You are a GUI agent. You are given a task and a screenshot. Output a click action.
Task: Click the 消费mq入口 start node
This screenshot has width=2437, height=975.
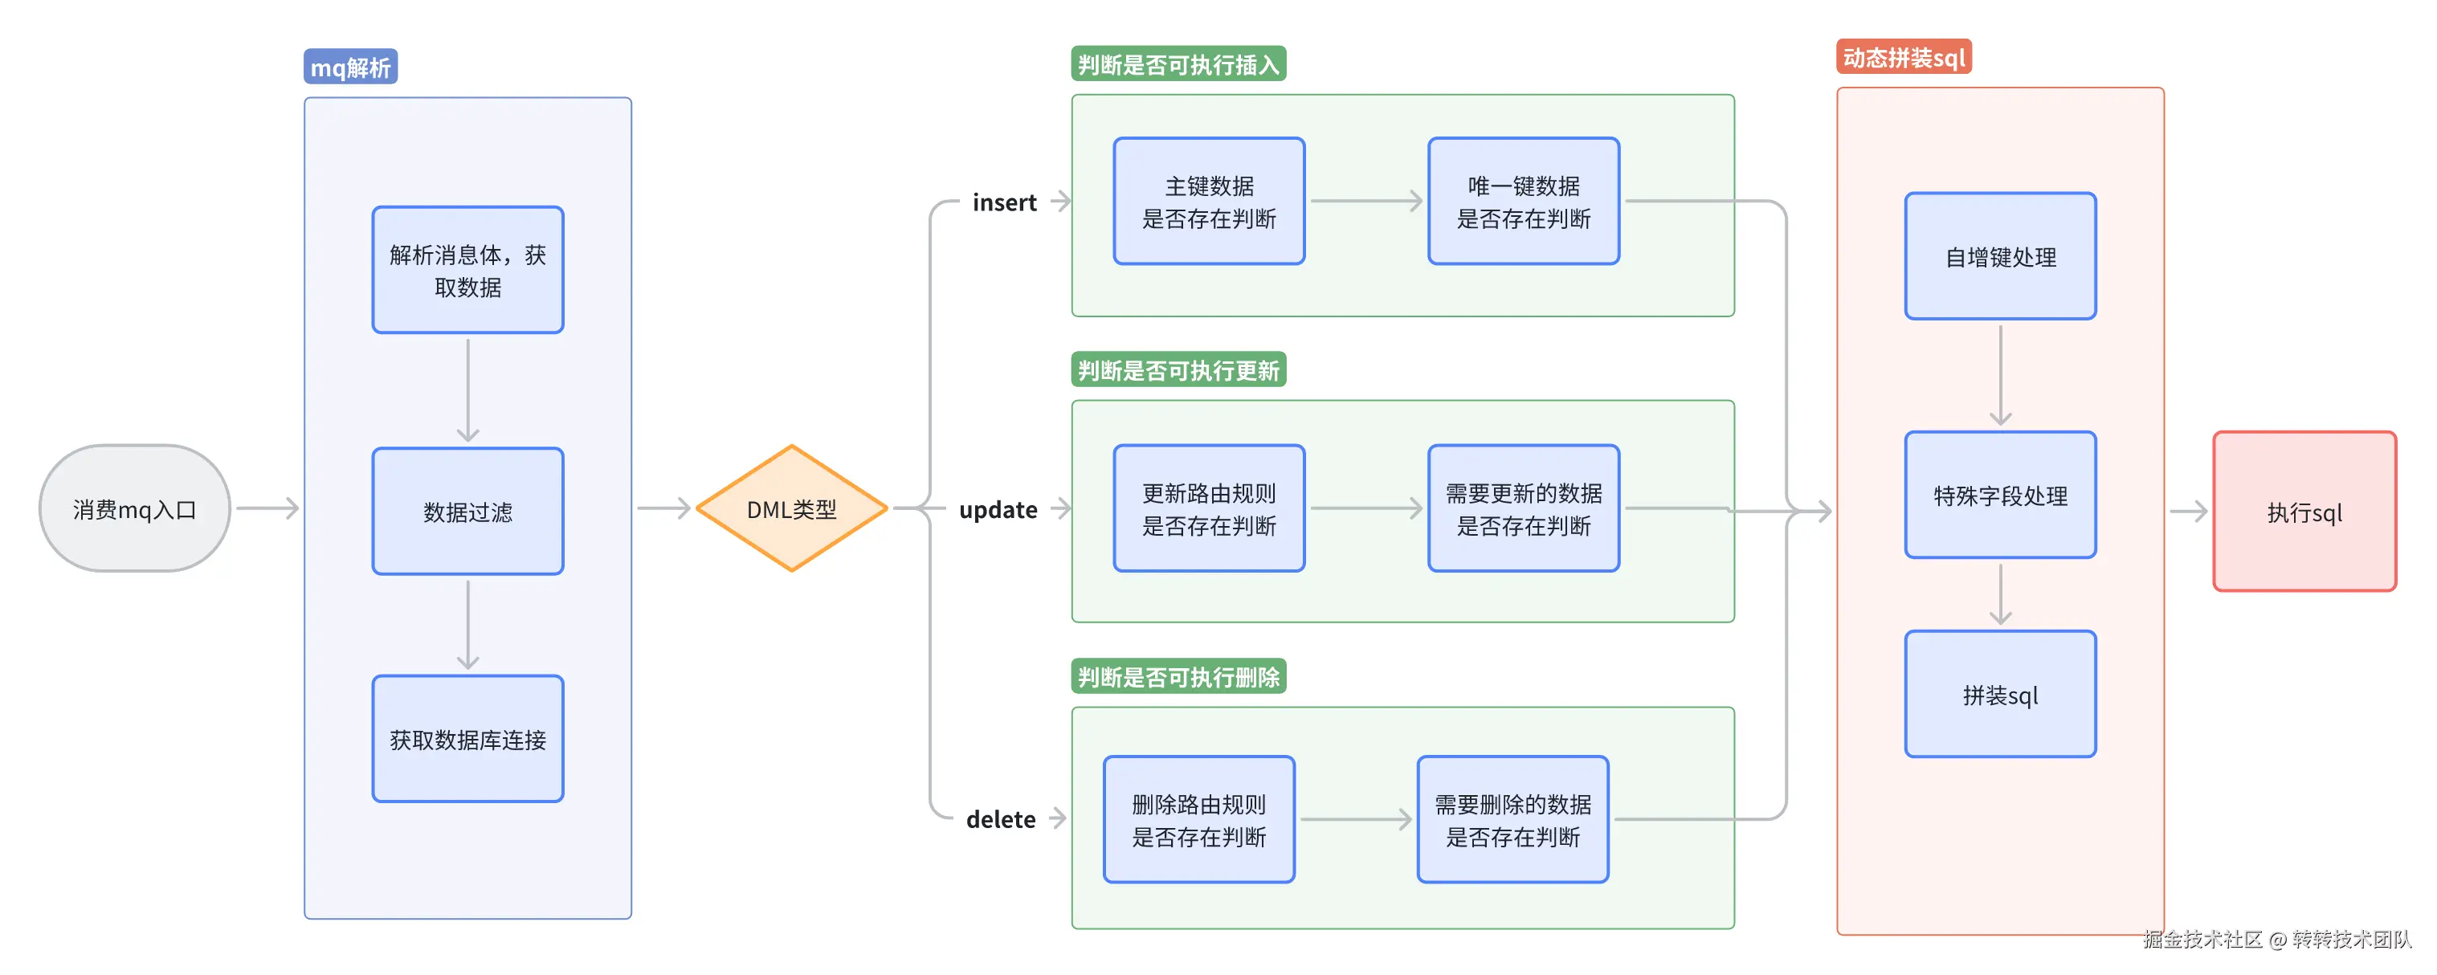tap(134, 508)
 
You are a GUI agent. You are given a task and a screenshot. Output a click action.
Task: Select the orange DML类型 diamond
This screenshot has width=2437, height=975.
tap(791, 508)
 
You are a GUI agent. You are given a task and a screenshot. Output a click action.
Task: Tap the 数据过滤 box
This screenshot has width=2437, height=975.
tap(467, 512)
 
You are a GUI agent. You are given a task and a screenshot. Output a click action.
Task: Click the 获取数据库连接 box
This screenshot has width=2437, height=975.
tap(467, 739)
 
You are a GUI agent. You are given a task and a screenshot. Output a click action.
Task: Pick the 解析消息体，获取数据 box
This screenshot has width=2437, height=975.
tap(467, 270)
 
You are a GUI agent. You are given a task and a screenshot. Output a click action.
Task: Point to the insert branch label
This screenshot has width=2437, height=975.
tap(1004, 202)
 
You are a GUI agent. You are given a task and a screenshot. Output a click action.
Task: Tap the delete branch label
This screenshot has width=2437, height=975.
tap(1000, 819)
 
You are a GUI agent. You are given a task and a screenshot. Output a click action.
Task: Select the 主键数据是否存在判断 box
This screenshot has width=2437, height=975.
tap(1208, 202)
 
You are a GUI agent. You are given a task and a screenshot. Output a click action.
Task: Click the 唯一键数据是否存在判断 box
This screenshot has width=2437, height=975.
tap(1523, 202)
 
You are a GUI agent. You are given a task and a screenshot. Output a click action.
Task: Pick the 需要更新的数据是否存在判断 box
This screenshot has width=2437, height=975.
tap(1523, 508)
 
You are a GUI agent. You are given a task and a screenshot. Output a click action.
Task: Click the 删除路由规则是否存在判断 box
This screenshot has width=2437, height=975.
tap(1198, 819)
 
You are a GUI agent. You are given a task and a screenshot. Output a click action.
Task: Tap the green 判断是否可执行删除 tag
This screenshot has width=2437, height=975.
tap(1178, 676)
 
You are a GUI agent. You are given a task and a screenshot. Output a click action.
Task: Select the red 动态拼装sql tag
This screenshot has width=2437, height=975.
tap(1903, 58)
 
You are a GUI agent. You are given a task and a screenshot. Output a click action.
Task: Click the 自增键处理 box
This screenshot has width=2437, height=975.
tap(2000, 256)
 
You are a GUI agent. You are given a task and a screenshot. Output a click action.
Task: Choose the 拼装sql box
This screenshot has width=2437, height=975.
tap(2000, 694)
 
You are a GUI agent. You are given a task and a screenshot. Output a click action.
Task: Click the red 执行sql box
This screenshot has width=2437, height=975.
tap(2304, 512)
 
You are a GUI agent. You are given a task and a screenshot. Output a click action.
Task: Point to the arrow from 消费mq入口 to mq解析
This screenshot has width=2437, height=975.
tap(267, 508)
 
